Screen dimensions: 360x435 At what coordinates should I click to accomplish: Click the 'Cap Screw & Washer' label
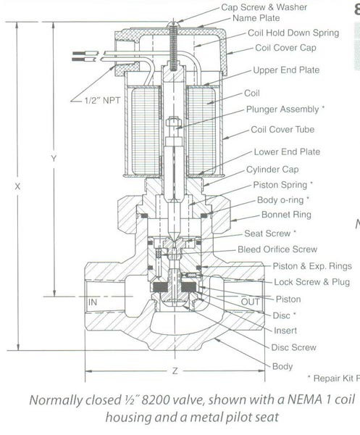[x=264, y=7]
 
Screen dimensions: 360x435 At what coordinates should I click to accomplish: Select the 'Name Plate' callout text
[x=256, y=18]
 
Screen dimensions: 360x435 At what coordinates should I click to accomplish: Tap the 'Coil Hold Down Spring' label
[x=293, y=33]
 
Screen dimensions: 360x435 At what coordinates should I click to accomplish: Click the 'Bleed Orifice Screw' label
[x=277, y=249]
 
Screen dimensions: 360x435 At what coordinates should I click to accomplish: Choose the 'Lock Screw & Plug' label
[x=311, y=282]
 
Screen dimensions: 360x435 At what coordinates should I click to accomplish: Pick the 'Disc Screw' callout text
[x=293, y=347]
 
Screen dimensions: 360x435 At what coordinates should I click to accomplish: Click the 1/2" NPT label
[x=102, y=100]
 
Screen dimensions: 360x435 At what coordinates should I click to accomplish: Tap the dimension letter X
[x=17, y=187]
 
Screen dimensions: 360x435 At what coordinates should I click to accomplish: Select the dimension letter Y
[x=54, y=158]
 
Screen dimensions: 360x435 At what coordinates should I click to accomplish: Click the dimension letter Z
[x=175, y=370]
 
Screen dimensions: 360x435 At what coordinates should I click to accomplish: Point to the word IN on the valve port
[x=93, y=302]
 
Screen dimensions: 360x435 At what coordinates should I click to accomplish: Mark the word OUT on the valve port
[x=251, y=302]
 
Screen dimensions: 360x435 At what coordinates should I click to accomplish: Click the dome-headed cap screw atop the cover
[x=174, y=24]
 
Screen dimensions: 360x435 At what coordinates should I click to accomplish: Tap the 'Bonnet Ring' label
[x=286, y=215]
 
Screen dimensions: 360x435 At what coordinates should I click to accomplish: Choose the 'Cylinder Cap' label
[x=272, y=170]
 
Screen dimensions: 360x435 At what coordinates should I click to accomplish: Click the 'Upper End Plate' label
[x=286, y=70]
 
